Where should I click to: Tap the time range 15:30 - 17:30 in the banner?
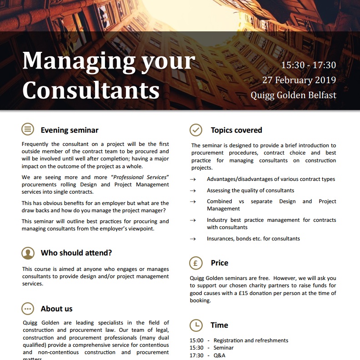(308, 65)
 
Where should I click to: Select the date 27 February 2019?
(299, 80)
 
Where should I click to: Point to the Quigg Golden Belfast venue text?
(293, 95)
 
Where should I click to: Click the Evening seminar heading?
(70, 130)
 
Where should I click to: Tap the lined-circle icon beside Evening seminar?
(28, 130)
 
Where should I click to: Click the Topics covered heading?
(236, 130)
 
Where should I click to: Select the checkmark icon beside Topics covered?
(195, 130)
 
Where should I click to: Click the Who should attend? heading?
(76, 253)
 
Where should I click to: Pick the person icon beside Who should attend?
(28, 253)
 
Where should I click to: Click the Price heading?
(220, 263)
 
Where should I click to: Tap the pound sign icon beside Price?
(195, 263)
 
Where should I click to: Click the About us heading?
(57, 309)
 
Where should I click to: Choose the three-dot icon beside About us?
(28, 309)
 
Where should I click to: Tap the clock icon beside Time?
(195, 325)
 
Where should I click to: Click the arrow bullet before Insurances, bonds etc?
(193, 239)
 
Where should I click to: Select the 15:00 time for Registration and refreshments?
(196, 340)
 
